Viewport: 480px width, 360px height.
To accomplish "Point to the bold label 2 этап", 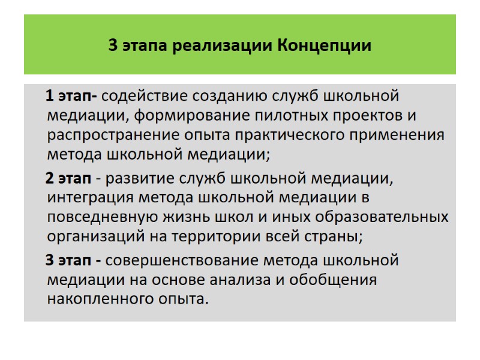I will click(69, 178).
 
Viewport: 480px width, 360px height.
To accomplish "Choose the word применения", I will click(399, 134).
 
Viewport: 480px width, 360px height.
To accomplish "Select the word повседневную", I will click(100, 217).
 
